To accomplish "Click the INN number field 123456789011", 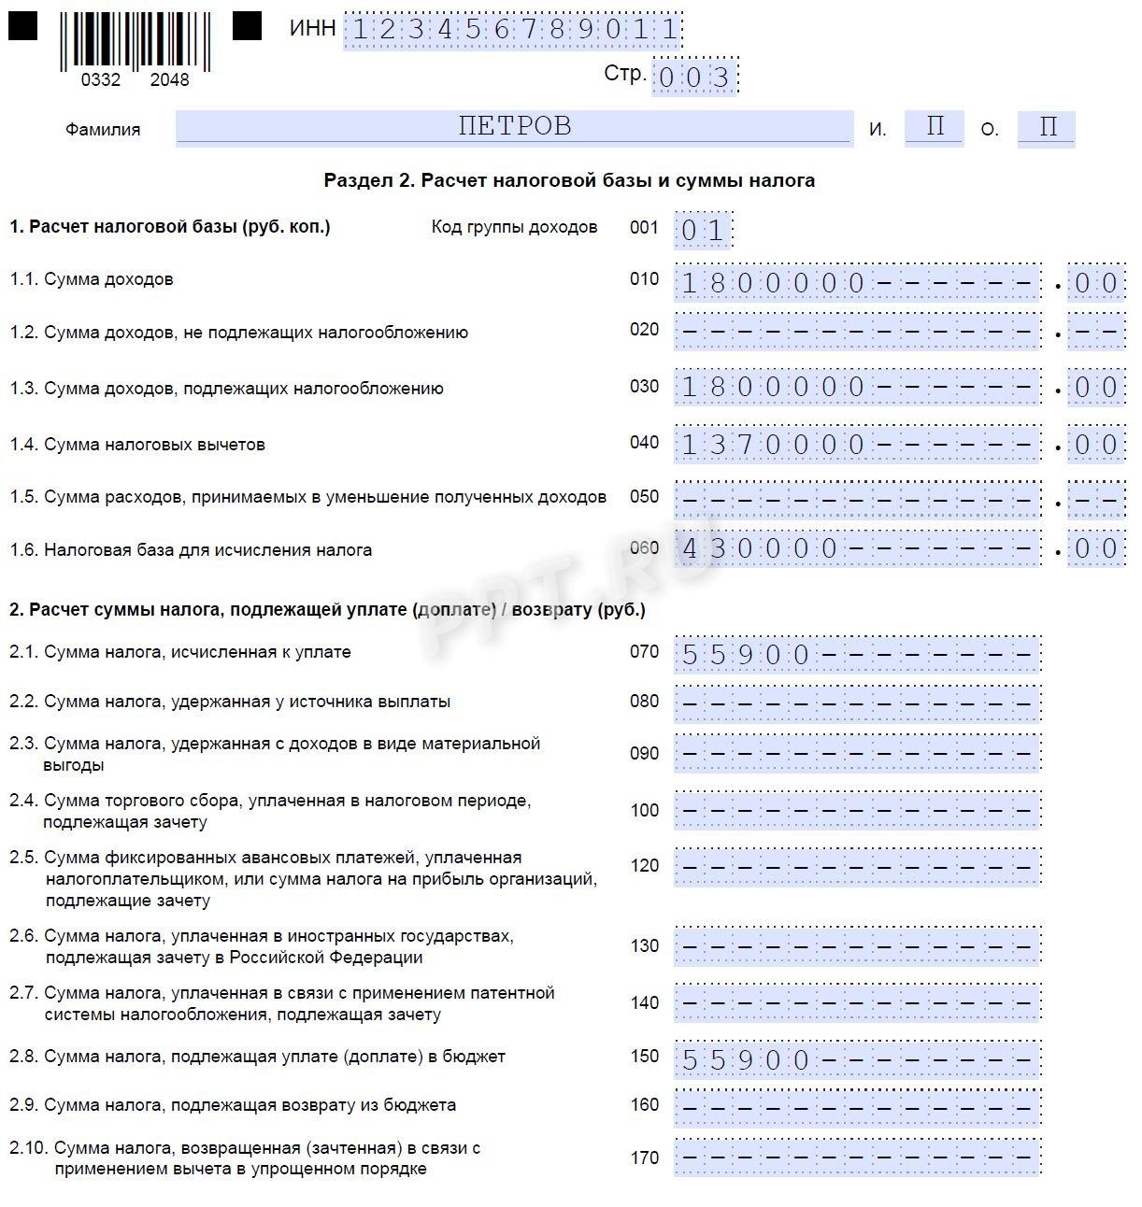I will (x=513, y=30).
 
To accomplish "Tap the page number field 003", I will (x=694, y=77).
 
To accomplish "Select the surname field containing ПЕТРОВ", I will (x=514, y=127).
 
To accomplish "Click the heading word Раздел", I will (x=358, y=180).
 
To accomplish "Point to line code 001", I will (x=644, y=228).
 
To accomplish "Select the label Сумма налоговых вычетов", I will (x=154, y=445).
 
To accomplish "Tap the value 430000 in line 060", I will (x=759, y=548).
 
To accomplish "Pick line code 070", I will (x=644, y=652).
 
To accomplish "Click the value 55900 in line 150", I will (x=745, y=1059).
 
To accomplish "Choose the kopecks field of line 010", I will (x=1095, y=283).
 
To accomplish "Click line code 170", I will (x=644, y=1158).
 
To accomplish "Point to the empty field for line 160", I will (x=857, y=1108).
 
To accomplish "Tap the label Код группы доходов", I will (x=514, y=227).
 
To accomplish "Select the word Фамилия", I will (x=103, y=130).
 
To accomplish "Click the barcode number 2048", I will (x=169, y=80).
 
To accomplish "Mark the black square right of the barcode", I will (x=247, y=25).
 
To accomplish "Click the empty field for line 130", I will (x=857, y=946).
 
